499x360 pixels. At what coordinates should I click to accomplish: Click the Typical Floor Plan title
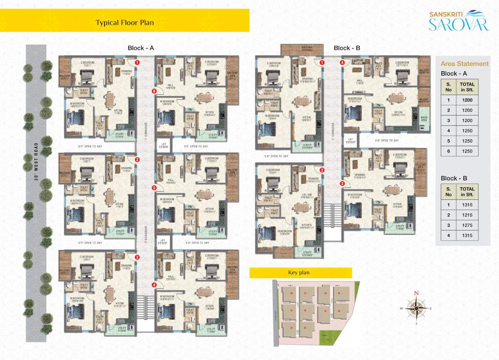click(125, 22)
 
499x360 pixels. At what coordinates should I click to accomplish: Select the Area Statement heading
click(465, 64)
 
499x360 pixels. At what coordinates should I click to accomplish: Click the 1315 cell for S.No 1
click(467, 205)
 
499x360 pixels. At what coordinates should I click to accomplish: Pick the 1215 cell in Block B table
click(467, 215)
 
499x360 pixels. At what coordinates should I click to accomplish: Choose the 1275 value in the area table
click(467, 225)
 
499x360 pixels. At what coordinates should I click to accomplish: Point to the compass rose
click(416, 308)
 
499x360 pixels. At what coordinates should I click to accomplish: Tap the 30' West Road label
click(36, 162)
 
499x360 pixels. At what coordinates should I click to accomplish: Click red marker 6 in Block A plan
click(154, 91)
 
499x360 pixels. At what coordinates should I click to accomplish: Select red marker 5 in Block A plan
click(154, 188)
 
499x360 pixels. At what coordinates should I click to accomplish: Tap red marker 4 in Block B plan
click(342, 62)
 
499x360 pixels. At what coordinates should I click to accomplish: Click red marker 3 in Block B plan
click(342, 184)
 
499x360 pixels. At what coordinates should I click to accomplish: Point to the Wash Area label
click(424, 118)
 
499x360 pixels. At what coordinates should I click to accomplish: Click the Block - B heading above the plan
click(347, 48)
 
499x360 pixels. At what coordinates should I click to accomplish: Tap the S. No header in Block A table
click(448, 86)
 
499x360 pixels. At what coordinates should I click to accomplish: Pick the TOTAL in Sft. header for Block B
click(467, 191)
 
